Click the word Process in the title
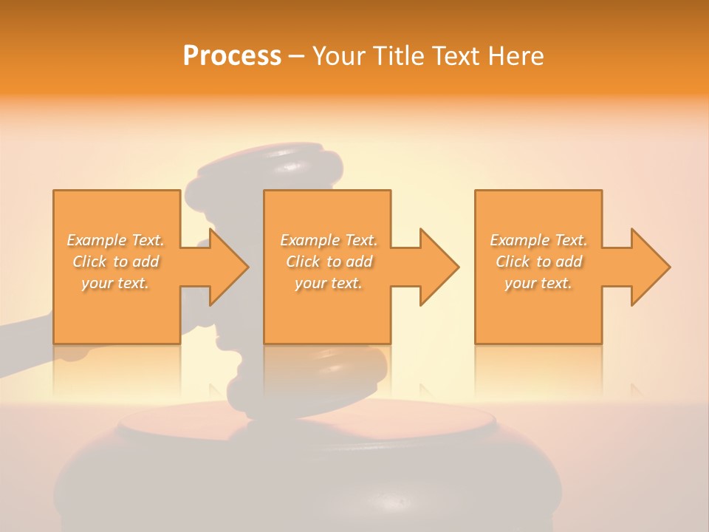point(232,56)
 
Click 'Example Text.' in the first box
point(116,240)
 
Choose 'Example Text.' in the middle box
point(329,240)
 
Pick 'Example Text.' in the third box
point(538,240)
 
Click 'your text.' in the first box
point(116,283)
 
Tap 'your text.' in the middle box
point(329,283)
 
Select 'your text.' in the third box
point(538,283)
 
